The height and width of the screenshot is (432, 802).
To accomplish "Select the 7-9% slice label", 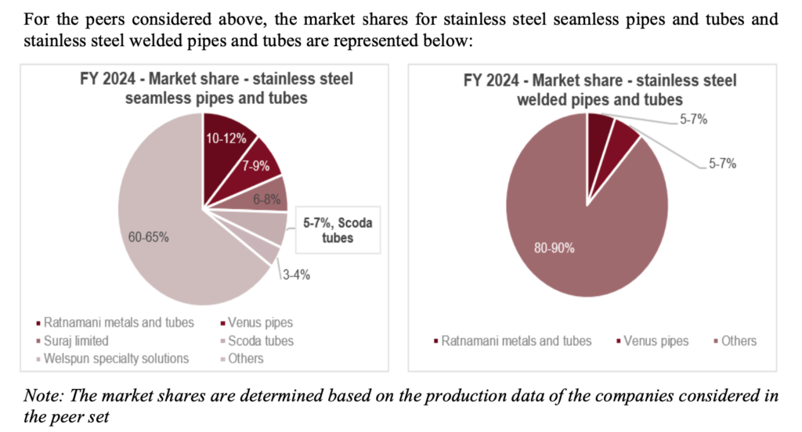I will (255, 167).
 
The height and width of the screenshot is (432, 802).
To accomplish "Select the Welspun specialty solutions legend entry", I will (117, 358).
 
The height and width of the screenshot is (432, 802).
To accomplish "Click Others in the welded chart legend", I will (738, 340).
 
